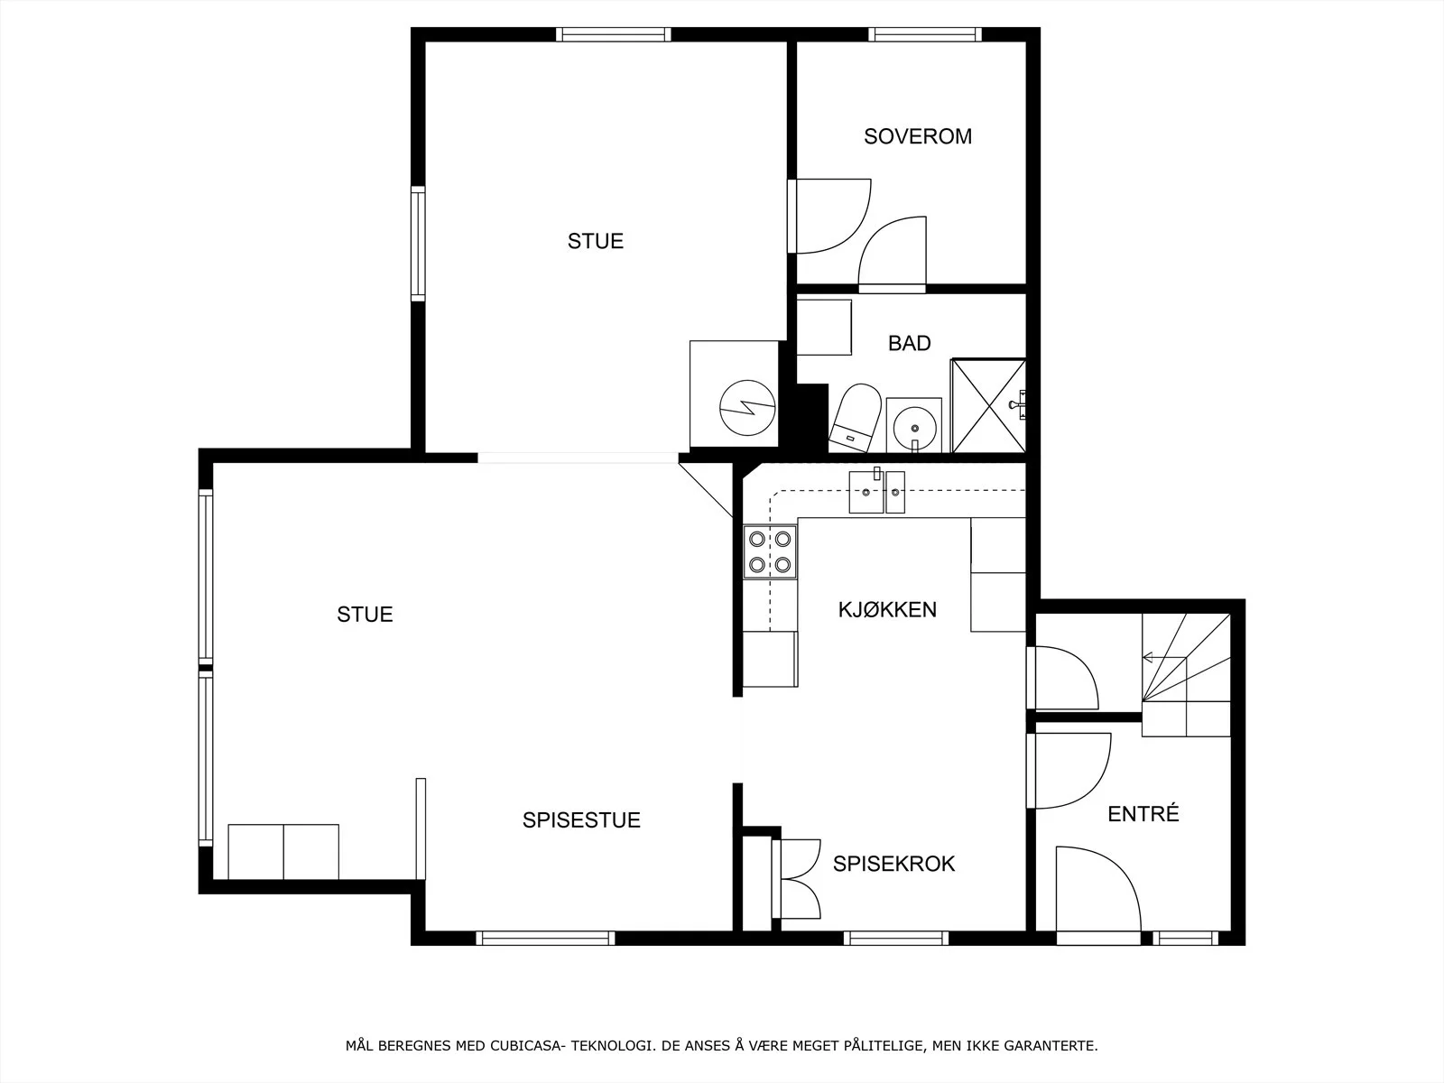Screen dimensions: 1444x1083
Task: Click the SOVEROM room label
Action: coord(918,136)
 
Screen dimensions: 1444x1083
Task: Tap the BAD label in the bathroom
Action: coord(909,343)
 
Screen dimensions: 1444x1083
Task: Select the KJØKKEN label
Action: coord(887,609)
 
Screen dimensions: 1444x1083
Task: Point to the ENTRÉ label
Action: coord(1143,813)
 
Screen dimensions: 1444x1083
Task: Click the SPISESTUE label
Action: coord(581,820)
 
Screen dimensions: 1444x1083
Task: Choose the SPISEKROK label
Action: coord(893,864)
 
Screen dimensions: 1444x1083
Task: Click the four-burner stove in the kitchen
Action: coord(771,551)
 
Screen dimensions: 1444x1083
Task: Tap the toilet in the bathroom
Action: coord(856,417)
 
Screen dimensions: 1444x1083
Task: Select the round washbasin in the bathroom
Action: coord(914,425)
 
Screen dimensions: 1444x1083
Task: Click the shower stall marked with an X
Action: coord(989,406)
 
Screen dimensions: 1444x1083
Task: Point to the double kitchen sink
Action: coord(877,491)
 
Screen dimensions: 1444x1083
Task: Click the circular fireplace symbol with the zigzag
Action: coord(747,408)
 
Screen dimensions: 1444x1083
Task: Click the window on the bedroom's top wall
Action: coord(925,34)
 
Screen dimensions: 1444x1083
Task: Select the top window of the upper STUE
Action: coord(613,34)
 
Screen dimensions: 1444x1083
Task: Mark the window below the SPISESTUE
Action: coord(545,939)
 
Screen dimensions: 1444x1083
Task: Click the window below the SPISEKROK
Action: coord(896,939)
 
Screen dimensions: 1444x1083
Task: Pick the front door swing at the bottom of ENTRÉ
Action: coord(1098,889)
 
